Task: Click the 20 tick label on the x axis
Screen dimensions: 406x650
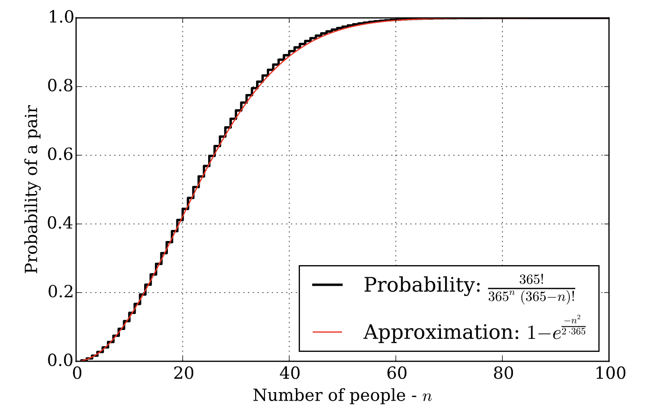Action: [183, 373]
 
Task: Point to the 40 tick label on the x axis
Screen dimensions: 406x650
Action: [290, 373]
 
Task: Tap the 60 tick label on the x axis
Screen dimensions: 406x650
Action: [396, 373]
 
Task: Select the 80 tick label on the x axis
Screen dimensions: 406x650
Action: [503, 373]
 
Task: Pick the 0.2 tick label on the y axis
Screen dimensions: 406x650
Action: [60, 292]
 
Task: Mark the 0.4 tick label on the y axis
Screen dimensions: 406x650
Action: [60, 224]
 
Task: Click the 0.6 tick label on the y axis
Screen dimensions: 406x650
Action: [60, 155]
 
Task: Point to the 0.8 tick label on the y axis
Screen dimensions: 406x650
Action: [60, 86]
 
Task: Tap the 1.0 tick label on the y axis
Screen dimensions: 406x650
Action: [60, 18]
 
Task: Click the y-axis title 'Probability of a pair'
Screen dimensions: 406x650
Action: [32, 190]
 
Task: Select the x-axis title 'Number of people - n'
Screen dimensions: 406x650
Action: [342, 396]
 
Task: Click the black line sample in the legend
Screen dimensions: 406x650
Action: [327, 285]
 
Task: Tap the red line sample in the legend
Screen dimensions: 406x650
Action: [327, 332]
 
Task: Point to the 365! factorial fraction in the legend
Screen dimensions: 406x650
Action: [531, 289]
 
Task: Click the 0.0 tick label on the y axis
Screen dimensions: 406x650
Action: [60, 361]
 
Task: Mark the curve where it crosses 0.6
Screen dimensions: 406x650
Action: [212, 155]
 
